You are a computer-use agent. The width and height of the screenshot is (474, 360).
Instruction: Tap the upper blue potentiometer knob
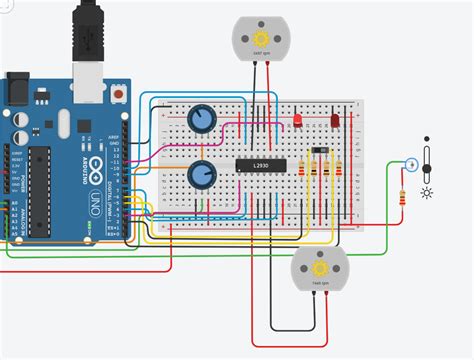(201, 120)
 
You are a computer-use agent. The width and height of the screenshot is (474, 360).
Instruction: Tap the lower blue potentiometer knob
(201, 176)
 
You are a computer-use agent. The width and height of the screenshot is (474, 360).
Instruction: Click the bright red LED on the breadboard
(298, 121)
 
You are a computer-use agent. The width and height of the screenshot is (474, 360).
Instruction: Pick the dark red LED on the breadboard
(334, 121)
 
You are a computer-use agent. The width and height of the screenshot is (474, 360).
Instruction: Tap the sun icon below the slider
(427, 192)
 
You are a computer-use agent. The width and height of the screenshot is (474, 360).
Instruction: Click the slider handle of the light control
(427, 157)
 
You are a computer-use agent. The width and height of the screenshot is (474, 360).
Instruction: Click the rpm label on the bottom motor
(319, 286)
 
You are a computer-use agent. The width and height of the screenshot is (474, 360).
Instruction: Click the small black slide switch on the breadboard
(319, 151)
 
